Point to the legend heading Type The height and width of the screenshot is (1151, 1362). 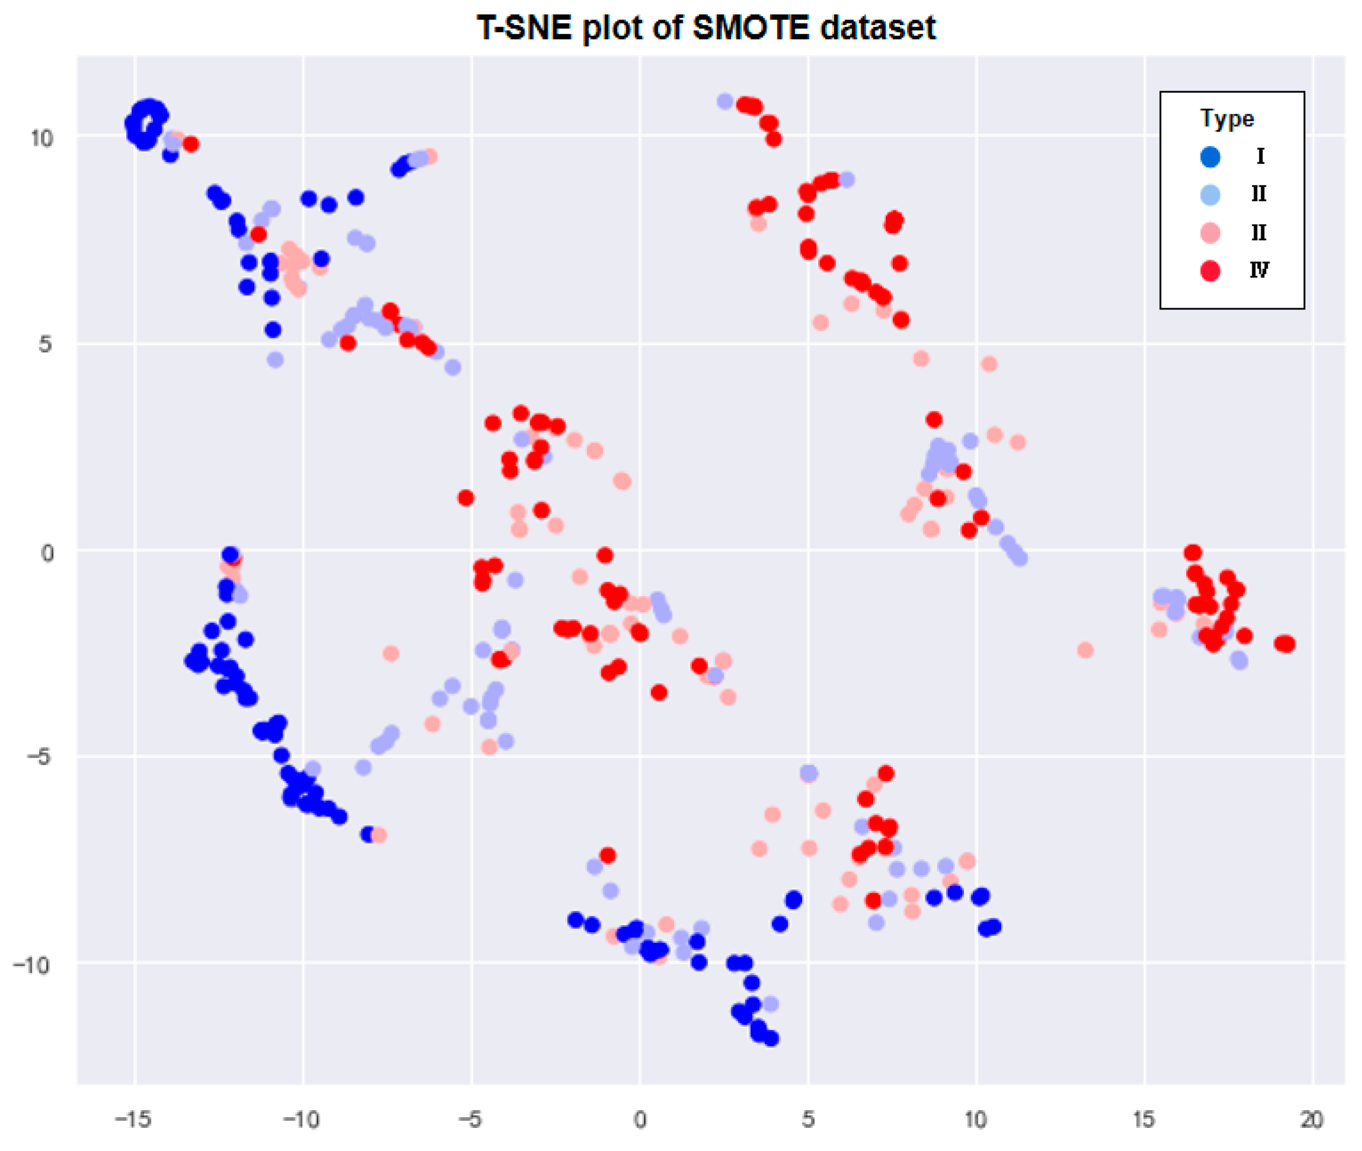[x=1226, y=119]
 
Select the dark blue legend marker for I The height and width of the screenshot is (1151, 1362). [x=1210, y=156]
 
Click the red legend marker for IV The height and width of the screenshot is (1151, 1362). [x=1210, y=270]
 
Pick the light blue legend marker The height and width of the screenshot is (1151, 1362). [x=1210, y=194]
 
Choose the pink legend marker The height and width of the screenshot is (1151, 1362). [x=1210, y=233]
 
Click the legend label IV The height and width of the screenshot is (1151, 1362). [x=1259, y=270]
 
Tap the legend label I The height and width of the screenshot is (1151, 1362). [x=1260, y=156]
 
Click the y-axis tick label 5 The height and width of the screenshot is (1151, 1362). [x=44, y=344]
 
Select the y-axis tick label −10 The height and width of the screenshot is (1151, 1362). [x=33, y=965]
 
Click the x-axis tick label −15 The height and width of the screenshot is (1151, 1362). [x=133, y=1120]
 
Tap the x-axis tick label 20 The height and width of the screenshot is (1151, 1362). [x=1312, y=1120]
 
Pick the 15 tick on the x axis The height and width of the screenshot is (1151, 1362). [x=1143, y=1120]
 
